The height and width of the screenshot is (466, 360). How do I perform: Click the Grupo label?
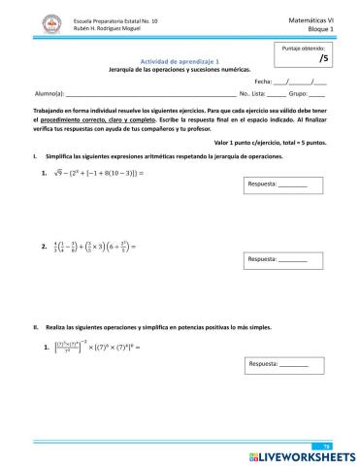pos(300,96)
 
